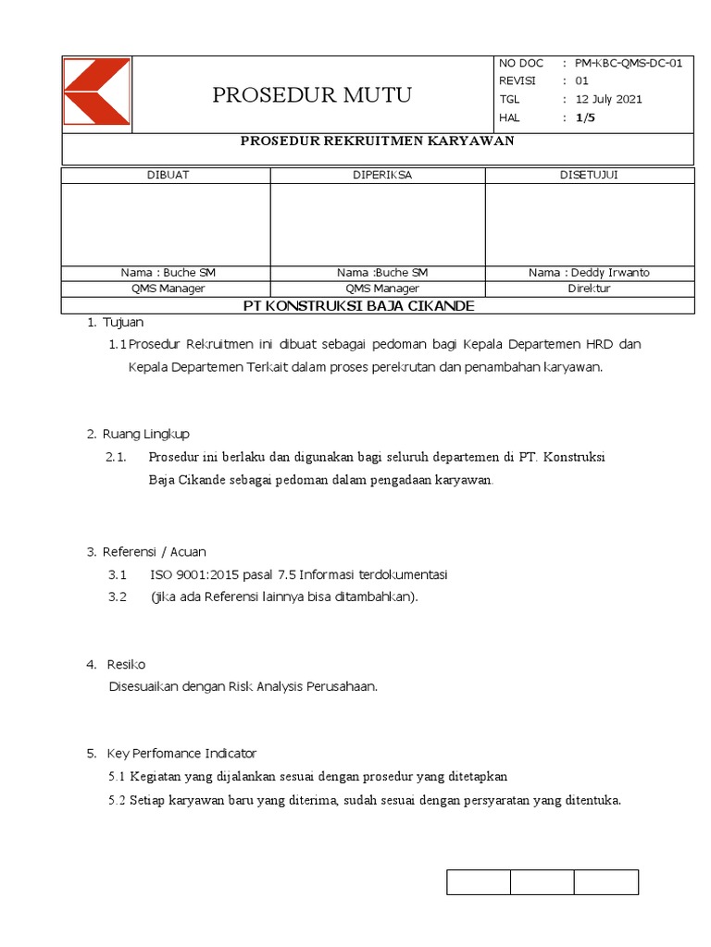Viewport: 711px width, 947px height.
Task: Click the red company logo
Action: click(x=96, y=92)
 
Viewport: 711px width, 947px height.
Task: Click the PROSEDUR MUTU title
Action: click(x=312, y=95)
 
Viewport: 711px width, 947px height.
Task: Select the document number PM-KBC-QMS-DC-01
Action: click(x=629, y=63)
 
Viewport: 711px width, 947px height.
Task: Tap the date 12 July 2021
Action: click(x=608, y=99)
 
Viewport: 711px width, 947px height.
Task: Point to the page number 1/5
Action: click(x=585, y=117)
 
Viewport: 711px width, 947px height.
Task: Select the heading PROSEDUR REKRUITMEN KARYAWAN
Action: click(x=377, y=141)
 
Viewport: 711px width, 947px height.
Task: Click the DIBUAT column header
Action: click(x=168, y=176)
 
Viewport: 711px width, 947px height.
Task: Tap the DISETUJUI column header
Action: click(x=589, y=176)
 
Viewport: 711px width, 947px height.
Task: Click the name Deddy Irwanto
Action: click(x=610, y=273)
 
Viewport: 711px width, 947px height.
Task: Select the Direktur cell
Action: click(x=589, y=289)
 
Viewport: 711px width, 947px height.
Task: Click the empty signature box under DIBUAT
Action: click(x=167, y=224)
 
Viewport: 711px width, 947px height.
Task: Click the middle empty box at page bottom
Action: click(x=542, y=882)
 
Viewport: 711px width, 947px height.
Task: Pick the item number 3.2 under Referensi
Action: click(x=117, y=596)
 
